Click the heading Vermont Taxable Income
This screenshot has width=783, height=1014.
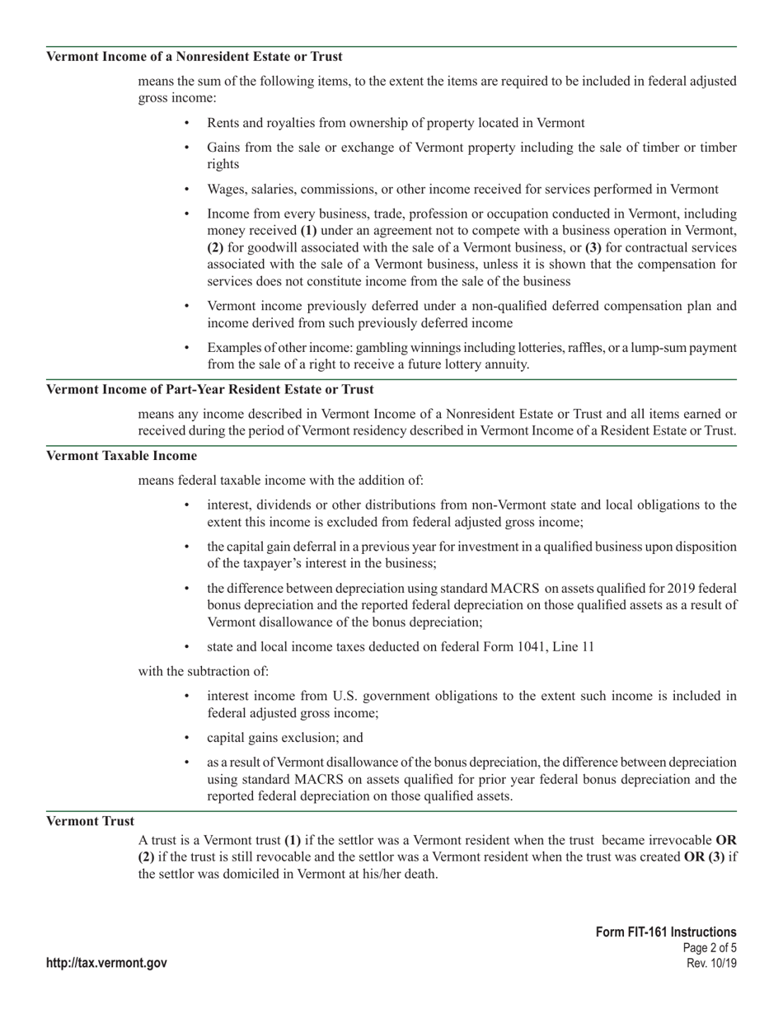121,456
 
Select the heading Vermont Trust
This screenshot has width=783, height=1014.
90,821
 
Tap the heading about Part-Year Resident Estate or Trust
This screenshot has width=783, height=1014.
209,389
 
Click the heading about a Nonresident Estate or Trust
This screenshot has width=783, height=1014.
195,57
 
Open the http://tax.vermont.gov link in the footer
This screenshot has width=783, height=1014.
106,963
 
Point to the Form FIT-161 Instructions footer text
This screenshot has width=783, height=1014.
666,932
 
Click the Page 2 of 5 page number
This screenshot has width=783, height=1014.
710,948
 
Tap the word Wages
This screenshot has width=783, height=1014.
225,190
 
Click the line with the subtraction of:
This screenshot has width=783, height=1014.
203,672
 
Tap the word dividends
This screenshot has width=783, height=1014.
284,505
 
